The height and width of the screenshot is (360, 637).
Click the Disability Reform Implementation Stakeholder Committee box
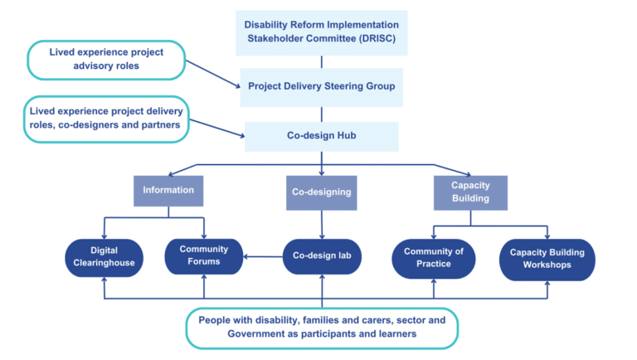(x=321, y=32)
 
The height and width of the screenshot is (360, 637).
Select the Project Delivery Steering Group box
(x=321, y=85)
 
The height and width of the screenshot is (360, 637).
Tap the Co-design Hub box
(x=321, y=136)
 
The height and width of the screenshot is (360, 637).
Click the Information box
(x=168, y=190)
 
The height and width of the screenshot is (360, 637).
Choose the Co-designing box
(x=321, y=191)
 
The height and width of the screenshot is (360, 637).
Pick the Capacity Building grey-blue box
(x=470, y=192)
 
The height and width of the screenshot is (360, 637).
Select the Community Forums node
(x=203, y=257)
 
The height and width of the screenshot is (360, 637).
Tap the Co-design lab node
(x=322, y=257)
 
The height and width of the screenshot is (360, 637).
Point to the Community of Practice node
(x=433, y=258)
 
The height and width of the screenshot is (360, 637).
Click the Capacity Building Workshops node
(x=547, y=258)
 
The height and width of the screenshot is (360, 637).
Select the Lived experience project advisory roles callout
(x=105, y=60)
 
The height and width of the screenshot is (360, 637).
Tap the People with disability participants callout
(x=320, y=326)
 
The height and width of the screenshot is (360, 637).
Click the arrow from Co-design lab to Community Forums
(x=264, y=257)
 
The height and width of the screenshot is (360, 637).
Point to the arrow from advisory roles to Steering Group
(x=212, y=71)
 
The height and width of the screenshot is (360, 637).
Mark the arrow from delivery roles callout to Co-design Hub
(x=216, y=126)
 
